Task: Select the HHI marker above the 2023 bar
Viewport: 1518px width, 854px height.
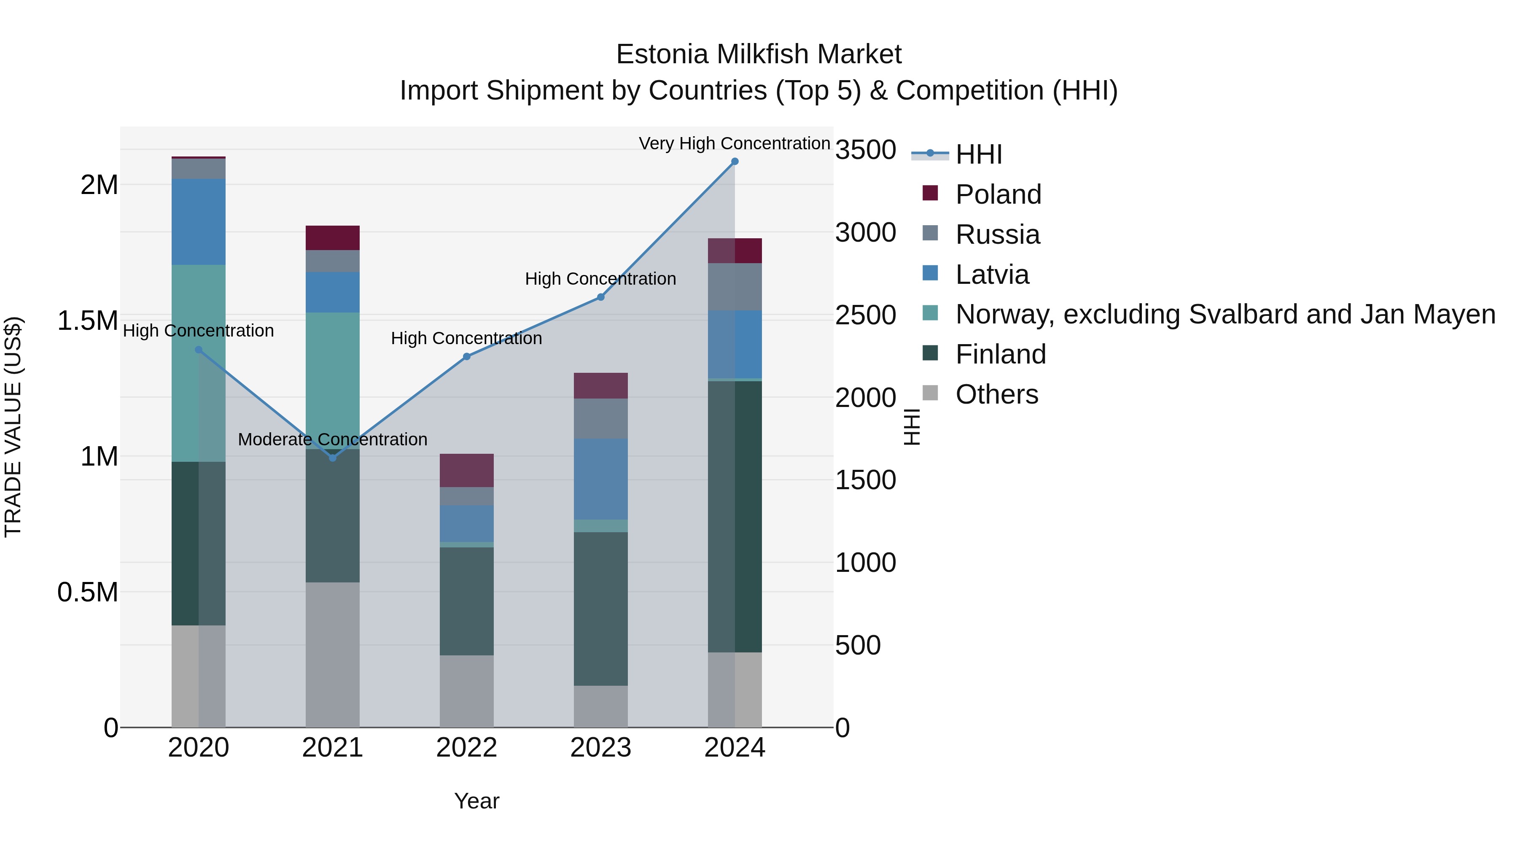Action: click(600, 297)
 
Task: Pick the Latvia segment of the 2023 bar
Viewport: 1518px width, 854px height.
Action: click(600, 479)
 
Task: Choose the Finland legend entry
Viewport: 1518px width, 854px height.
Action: click(1000, 354)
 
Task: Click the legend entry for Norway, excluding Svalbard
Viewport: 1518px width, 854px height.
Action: click(1225, 314)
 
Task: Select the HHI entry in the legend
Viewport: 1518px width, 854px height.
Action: click(978, 154)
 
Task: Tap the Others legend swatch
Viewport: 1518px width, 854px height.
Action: click(930, 393)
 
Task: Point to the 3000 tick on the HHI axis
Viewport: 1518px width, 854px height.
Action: click(865, 233)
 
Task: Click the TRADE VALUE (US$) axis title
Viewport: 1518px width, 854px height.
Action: click(13, 427)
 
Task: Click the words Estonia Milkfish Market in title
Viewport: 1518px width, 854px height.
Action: click(759, 54)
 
